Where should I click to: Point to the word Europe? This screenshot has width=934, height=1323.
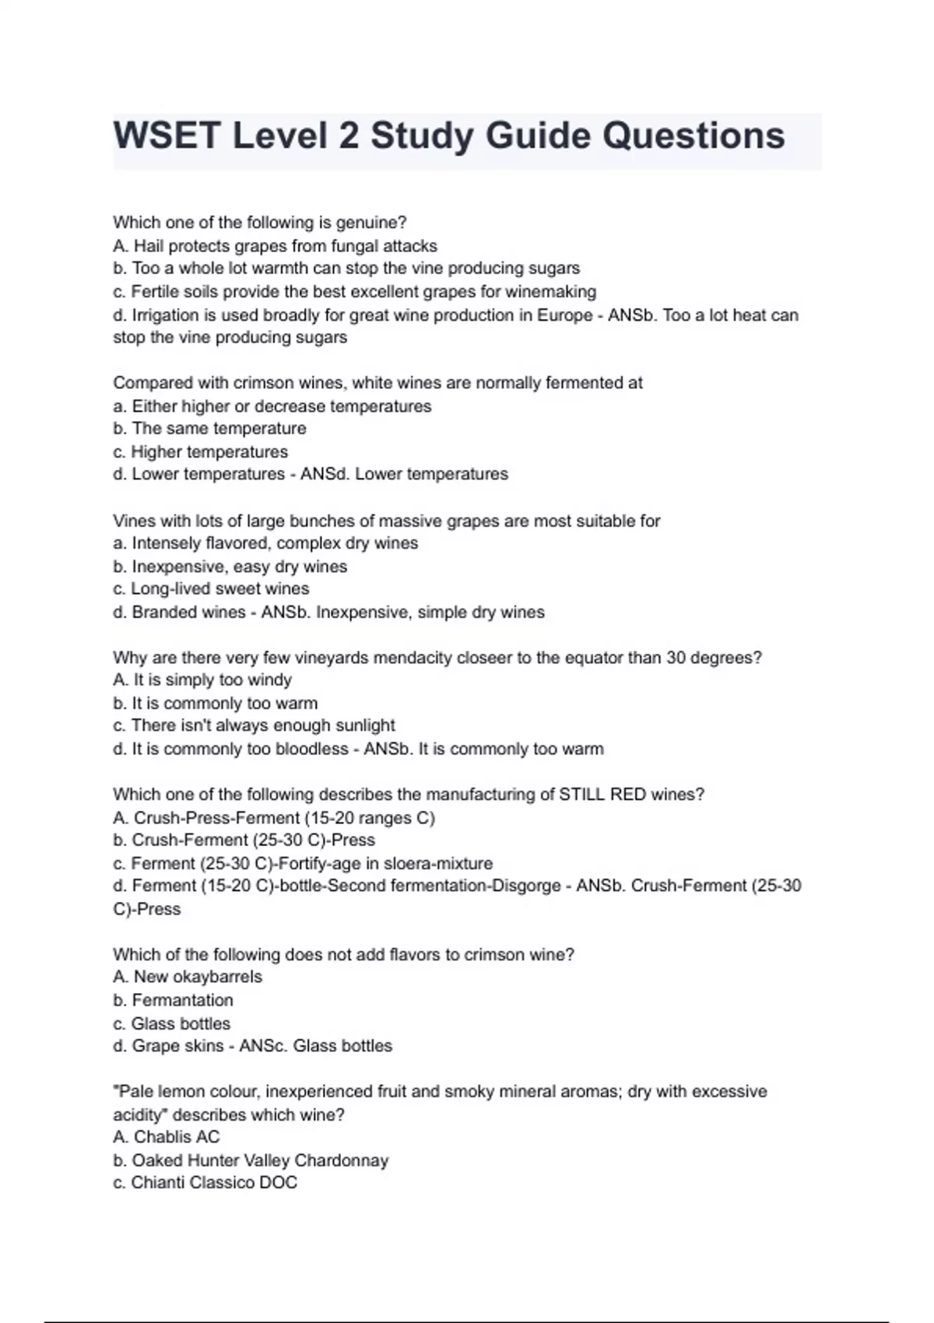point(564,315)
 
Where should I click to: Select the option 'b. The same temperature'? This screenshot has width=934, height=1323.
point(209,428)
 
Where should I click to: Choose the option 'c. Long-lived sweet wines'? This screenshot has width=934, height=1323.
point(211,588)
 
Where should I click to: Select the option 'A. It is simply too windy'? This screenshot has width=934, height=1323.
point(202,679)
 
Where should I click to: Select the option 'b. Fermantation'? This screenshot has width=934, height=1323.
point(173,1000)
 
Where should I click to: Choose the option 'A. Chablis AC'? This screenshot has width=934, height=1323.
point(167,1137)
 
